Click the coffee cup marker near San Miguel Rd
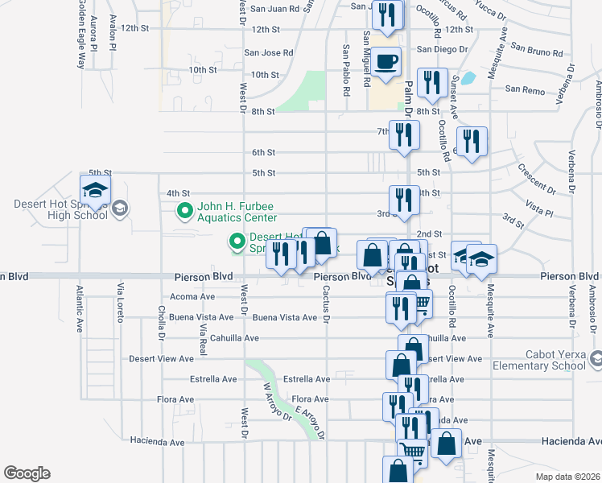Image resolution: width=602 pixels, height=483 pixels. click(386, 62)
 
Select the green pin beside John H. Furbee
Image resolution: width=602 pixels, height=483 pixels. click(184, 213)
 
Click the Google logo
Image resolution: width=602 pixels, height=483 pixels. click(27, 473)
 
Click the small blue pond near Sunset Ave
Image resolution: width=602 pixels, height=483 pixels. click(468, 79)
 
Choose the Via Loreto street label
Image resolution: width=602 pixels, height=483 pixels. click(121, 301)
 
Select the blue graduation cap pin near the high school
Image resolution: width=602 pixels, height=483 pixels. click(95, 192)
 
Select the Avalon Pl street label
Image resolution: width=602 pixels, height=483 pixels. click(113, 34)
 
